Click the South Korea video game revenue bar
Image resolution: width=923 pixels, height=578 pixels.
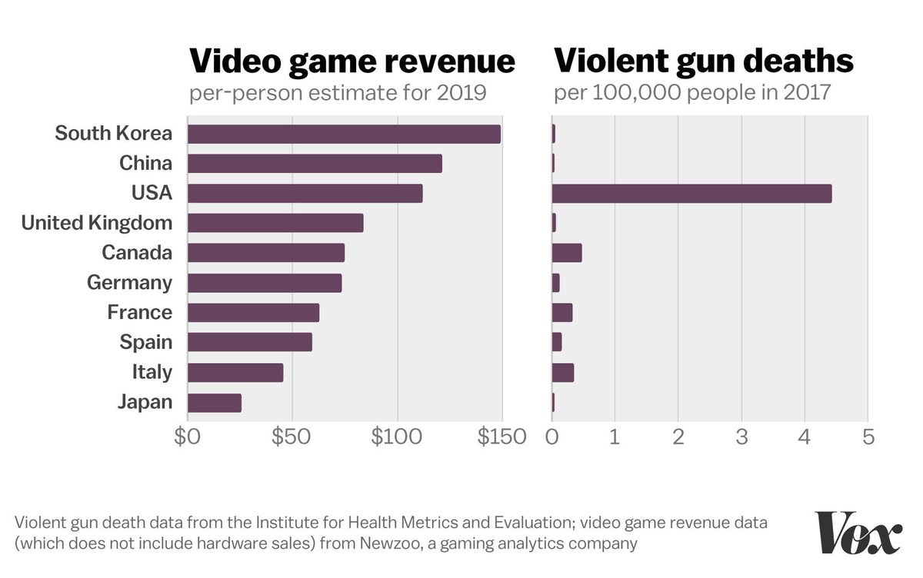click(344, 134)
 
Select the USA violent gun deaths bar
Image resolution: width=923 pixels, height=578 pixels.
click(691, 194)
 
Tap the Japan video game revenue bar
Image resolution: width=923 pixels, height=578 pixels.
click(215, 403)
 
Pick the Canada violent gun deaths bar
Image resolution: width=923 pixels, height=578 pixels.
click(567, 253)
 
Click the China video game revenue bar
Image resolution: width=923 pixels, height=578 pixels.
click(315, 164)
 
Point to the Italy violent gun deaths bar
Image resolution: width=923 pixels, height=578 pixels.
click(563, 373)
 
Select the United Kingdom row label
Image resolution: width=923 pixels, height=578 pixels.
click(97, 224)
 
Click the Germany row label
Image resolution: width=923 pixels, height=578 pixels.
click(129, 283)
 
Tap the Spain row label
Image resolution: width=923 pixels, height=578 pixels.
click(146, 342)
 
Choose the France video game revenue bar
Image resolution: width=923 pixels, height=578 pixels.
click(253, 313)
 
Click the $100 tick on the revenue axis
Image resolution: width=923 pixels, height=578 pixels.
click(398, 437)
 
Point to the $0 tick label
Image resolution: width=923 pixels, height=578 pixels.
click(187, 437)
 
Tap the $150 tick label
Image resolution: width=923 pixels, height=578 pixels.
click(501, 437)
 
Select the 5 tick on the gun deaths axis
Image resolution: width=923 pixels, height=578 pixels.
click(868, 437)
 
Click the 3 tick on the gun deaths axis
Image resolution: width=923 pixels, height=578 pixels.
click(741, 437)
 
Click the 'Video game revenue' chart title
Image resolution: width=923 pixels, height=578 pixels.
click(352, 61)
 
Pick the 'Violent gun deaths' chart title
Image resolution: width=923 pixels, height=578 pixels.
click(704, 61)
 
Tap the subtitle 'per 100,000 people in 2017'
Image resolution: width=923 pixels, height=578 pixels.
click(692, 93)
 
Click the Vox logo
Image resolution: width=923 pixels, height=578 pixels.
click(858, 532)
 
